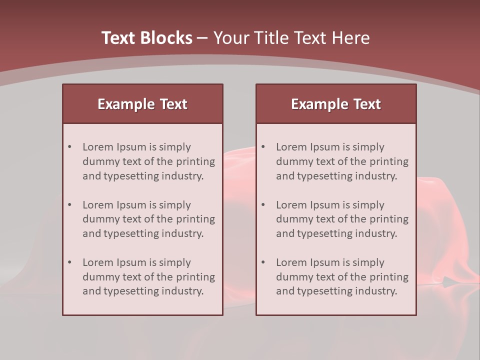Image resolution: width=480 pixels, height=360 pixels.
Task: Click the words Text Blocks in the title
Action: [146, 38]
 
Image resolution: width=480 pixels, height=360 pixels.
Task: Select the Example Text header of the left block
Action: [142, 104]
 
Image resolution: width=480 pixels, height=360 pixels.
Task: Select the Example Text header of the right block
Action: [336, 104]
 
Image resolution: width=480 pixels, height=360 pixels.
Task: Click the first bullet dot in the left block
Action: [69, 147]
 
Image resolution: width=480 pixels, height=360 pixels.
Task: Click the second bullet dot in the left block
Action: [69, 205]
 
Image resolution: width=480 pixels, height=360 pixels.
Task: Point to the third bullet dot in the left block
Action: [69, 262]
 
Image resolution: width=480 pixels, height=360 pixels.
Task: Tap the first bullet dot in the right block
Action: [263, 147]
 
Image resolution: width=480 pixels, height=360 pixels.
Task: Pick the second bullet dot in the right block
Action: [263, 205]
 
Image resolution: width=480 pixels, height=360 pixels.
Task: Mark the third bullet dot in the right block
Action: [263, 262]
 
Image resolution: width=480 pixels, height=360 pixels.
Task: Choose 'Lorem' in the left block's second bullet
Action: [98, 205]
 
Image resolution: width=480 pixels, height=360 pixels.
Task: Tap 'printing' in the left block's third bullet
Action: [195, 277]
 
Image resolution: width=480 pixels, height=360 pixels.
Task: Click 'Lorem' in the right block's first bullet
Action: [291, 147]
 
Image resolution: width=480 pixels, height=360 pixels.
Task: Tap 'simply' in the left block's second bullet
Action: [174, 205]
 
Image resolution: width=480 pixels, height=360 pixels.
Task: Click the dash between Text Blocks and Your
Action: [202, 38]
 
